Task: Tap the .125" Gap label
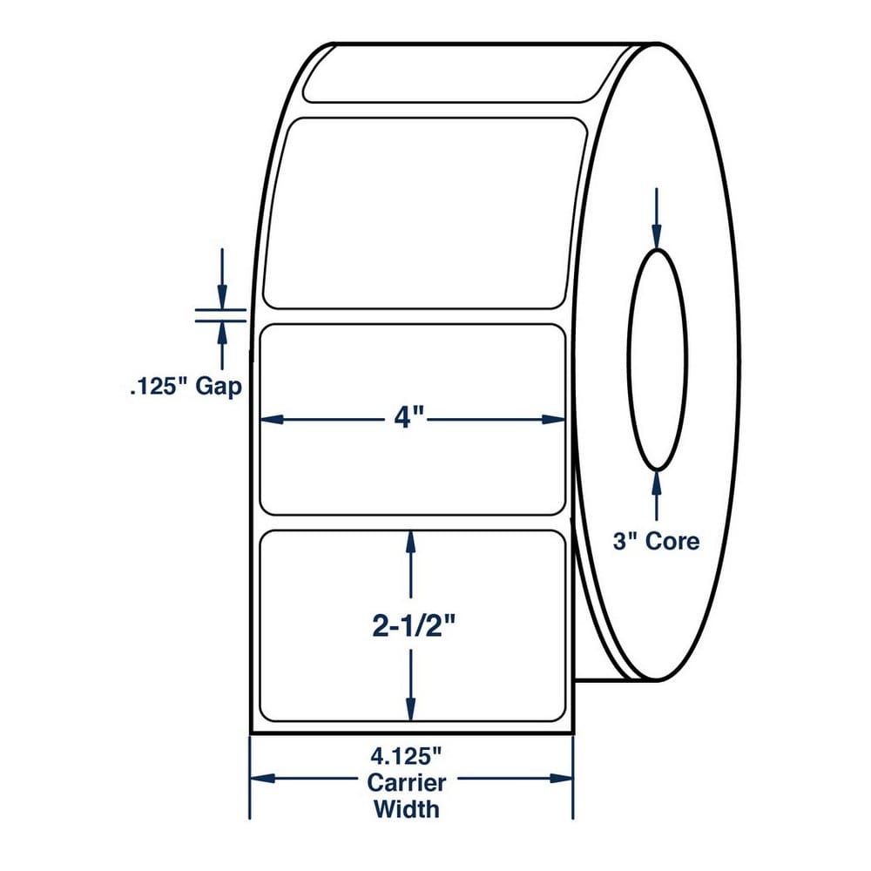[x=186, y=387]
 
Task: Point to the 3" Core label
[x=656, y=541]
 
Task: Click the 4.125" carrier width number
[x=406, y=756]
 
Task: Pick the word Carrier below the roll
[x=406, y=783]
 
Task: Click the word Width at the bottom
[x=406, y=809]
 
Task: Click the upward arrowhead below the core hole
[x=657, y=483]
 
